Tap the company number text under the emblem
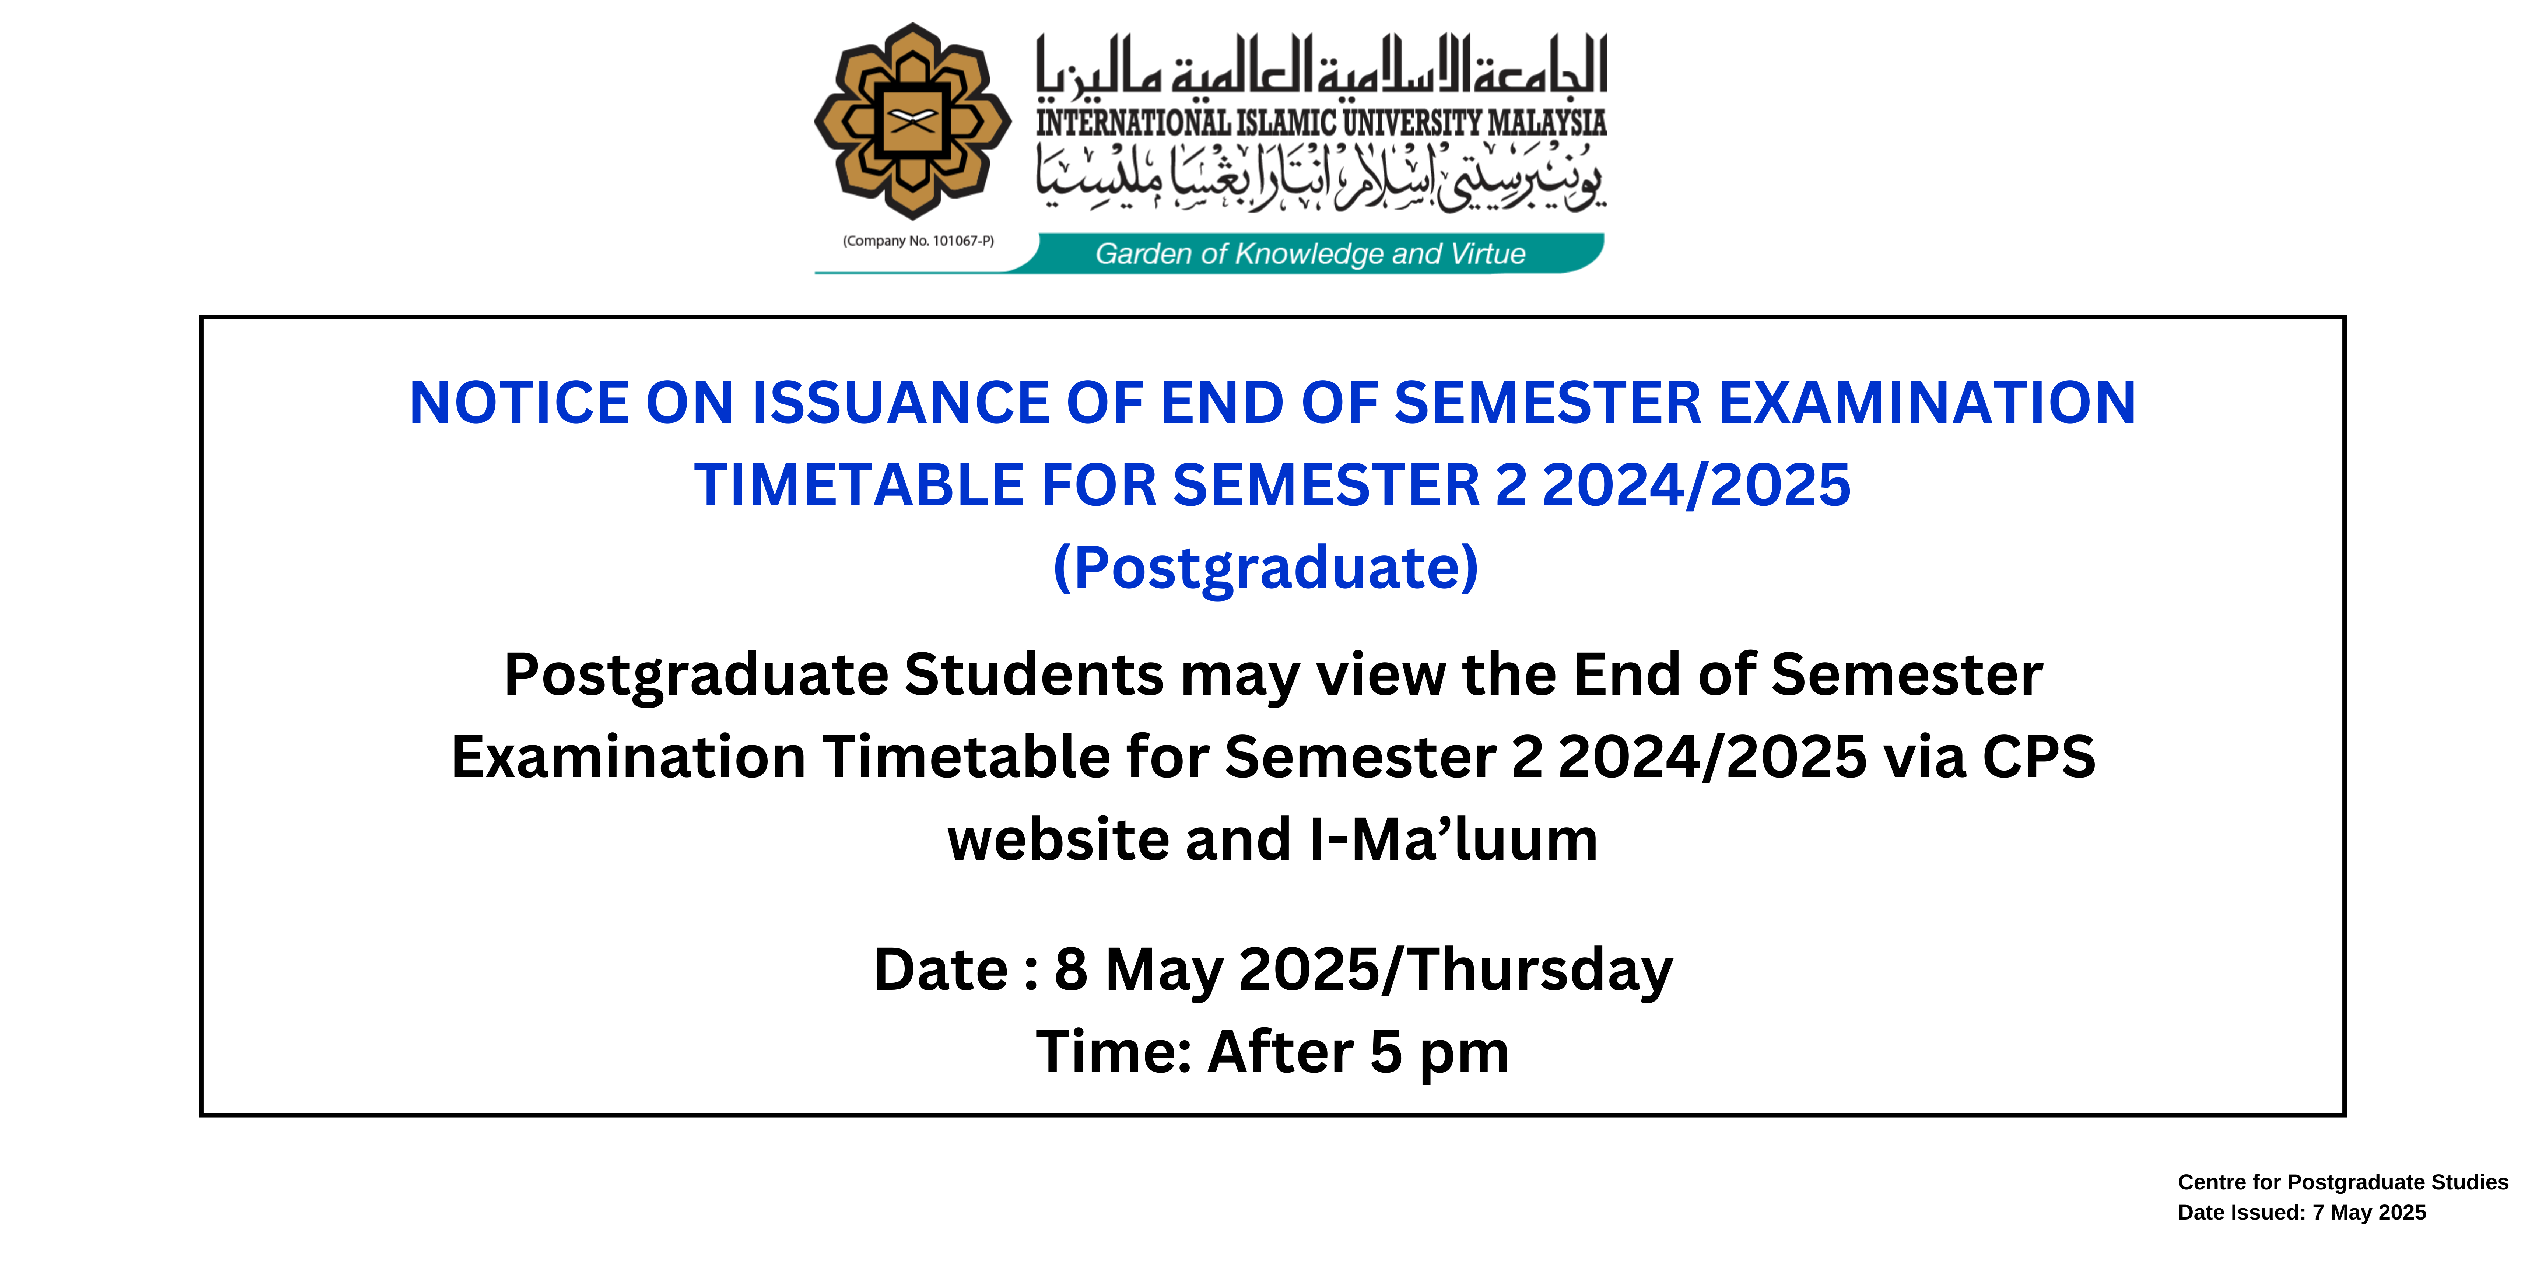click(x=918, y=241)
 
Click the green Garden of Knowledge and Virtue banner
click(x=1309, y=253)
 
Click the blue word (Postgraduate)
click(x=1266, y=568)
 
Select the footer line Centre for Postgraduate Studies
click(x=2342, y=1182)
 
